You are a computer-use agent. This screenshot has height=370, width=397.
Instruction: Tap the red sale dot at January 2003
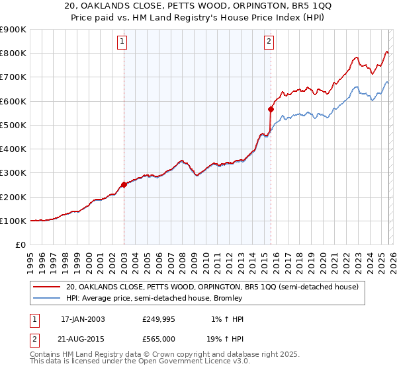[124, 185]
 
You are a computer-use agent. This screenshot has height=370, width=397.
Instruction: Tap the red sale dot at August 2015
[271, 110]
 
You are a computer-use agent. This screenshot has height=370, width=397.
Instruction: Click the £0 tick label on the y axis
[21, 245]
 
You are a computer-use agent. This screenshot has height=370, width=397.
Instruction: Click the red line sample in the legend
[48, 287]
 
